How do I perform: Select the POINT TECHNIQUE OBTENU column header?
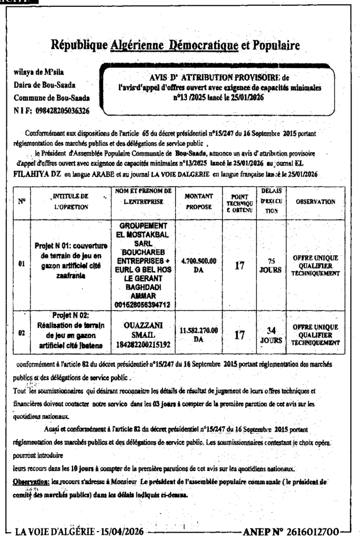pyautogui.click(x=239, y=201)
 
